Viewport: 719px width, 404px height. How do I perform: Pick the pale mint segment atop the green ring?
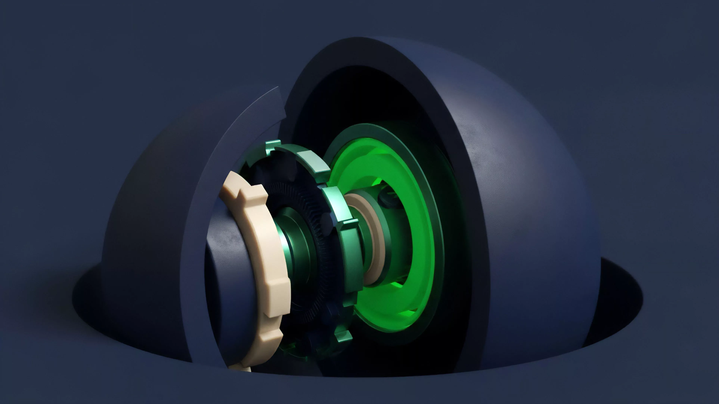pos(313,162)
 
